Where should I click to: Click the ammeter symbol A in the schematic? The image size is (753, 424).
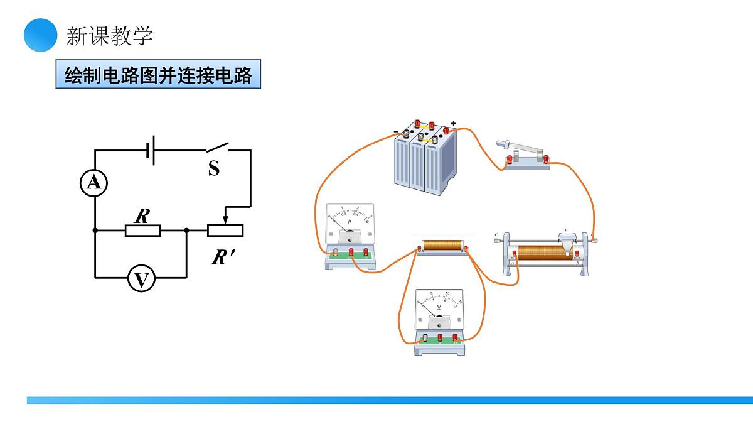click(x=94, y=183)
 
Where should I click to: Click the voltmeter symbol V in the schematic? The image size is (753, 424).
click(x=141, y=279)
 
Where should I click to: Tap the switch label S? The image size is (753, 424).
click(x=214, y=168)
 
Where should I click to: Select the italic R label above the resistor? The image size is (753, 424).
click(x=142, y=216)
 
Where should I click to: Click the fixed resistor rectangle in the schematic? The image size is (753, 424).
click(x=142, y=231)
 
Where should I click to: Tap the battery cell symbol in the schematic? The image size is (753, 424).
click(x=150, y=151)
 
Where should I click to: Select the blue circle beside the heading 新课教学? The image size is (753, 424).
click(x=41, y=35)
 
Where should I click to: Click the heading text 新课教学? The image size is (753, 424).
click(x=110, y=36)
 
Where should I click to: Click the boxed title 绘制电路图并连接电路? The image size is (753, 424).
click(x=158, y=75)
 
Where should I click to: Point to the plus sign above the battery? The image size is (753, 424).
click(x=454, y=124)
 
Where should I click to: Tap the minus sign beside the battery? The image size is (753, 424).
click(x=396, y=131)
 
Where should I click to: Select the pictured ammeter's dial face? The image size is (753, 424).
click(x=350, y=219)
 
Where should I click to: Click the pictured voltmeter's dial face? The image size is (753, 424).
click(x=440, y=306)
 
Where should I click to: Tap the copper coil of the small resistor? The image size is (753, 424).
click(x=442, y=245)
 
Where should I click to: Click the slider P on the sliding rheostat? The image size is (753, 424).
click(x=568, y=242)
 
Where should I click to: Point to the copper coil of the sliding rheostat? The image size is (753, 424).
click(x=542, y=253)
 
